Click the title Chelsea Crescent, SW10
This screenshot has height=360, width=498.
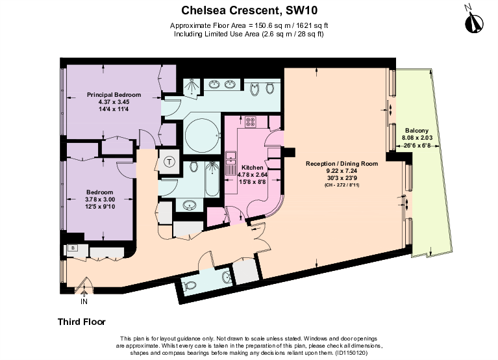249,10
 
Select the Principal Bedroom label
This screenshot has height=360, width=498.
114,95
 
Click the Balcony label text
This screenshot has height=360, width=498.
415,130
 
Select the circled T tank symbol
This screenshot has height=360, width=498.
169,162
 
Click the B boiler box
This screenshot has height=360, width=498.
73,248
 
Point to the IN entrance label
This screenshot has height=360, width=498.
84,302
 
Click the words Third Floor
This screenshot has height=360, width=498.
82,322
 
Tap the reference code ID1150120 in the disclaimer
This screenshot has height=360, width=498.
351,352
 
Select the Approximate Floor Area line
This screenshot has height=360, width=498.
249,25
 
